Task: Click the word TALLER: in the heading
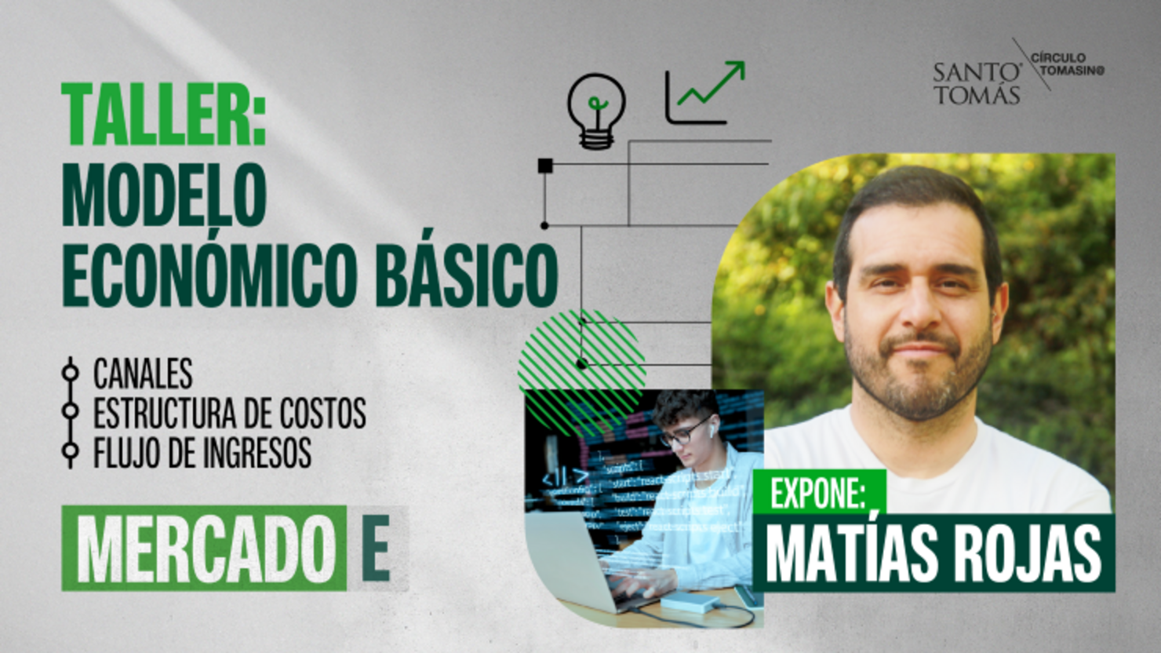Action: [164, 115]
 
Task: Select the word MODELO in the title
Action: [164, 196]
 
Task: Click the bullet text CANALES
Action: [143, 374]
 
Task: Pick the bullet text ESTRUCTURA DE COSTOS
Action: [229, 414]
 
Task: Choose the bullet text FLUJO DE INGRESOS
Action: [202, 453]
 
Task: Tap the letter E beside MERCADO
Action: [376, 549]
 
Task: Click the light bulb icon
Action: [597, 110]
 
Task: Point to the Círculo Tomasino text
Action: [1067, 64]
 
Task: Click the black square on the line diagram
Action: [545, 166]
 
